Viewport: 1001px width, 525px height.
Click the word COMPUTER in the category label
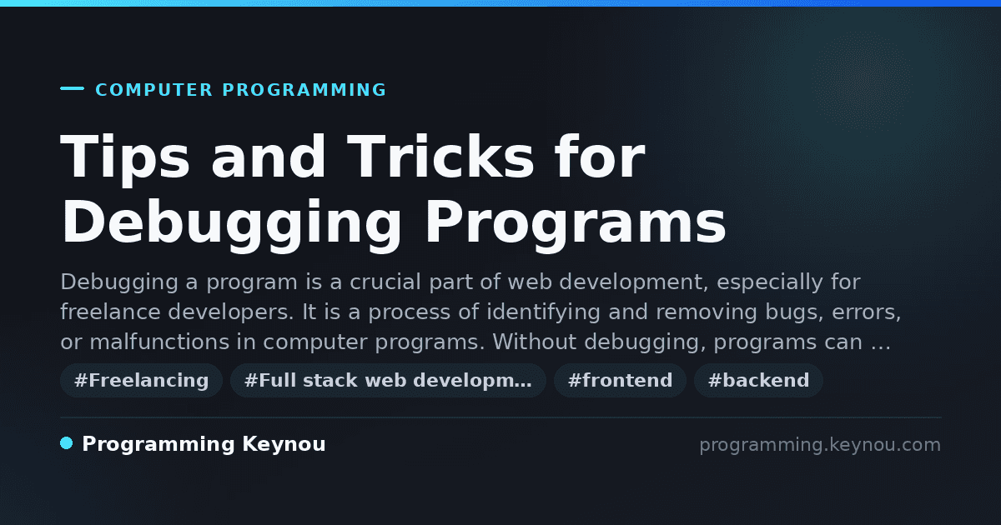(153, 90)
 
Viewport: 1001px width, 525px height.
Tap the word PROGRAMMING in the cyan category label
(304, 90)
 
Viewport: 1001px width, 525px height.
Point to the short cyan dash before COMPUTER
(72, 88)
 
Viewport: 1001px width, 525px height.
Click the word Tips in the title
(125, 158)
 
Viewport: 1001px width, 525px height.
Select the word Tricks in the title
(440, 157)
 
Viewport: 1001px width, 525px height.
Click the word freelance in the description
(110, 312)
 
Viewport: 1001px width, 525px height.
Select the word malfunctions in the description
(159, 342)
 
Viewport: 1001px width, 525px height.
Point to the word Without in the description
(535, 342)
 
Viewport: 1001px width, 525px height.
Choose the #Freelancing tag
(141, 380)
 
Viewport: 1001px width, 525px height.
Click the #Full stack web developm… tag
(388, 380)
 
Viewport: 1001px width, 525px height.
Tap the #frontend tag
(620, 380)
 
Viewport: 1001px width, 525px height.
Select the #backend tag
(758, 380)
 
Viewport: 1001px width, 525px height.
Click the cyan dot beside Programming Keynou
(67, 443)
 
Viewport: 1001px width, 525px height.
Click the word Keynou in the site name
(284, 445)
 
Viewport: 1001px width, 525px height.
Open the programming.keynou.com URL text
(820, 445)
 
